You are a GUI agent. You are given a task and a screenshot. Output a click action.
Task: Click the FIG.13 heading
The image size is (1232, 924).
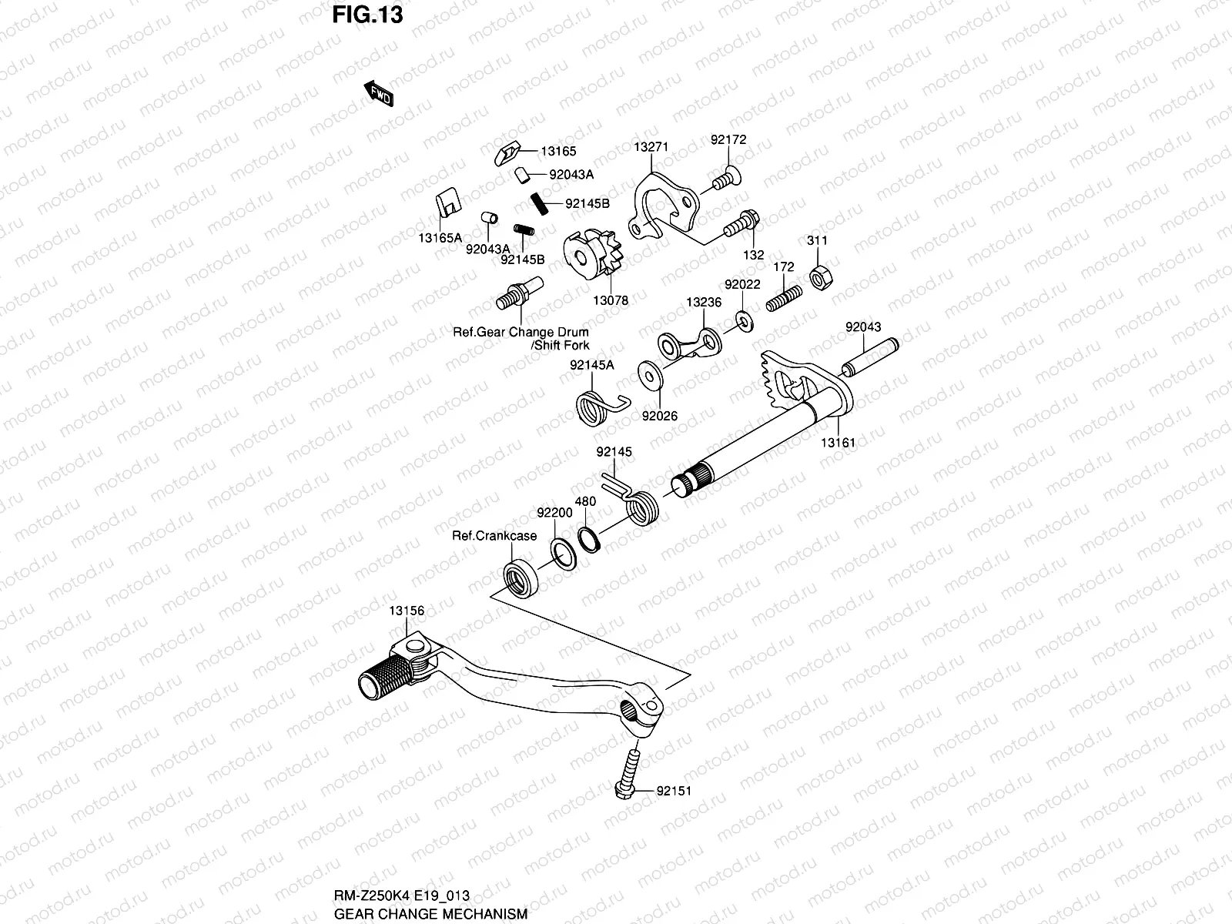click(x=368, y=15)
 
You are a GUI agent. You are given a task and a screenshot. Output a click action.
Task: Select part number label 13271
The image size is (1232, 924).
click(x=651, y=146)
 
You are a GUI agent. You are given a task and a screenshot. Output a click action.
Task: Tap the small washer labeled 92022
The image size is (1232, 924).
click(x=744, y=318)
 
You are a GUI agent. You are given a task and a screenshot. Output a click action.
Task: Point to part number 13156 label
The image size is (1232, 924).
click(x=406, y=611)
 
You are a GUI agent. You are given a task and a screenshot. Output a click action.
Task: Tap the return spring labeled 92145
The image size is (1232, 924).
click(x=638, y=505)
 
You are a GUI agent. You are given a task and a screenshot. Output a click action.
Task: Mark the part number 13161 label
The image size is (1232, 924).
click(x=837, y=443)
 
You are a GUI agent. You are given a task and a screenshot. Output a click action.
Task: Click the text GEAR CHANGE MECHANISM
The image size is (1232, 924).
click(x=430, y=914)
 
